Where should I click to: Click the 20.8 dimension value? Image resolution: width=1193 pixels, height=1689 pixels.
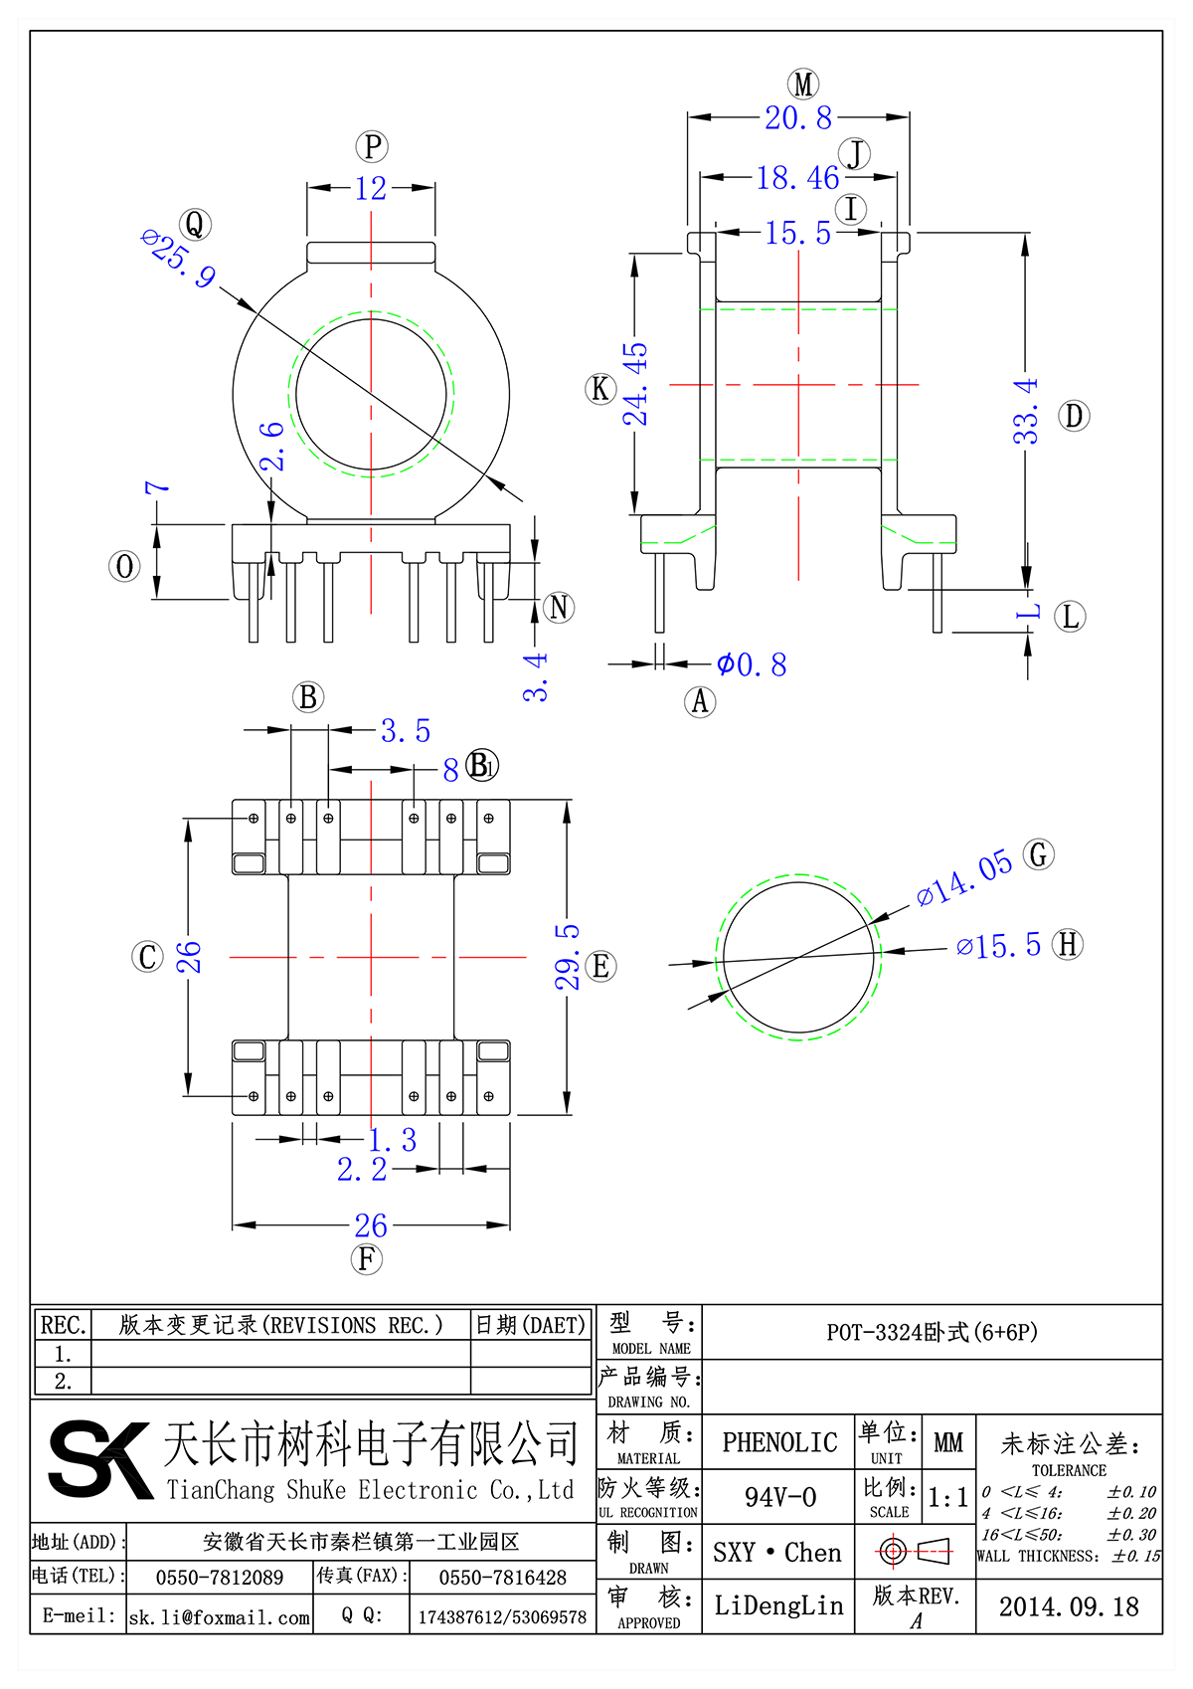[x=797, y=118]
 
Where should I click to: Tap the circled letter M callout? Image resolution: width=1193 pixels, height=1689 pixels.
[x=803, y=85]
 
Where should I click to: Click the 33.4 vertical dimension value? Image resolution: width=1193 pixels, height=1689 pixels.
[x=1025, y=411]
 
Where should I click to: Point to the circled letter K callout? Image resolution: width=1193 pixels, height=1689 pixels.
[x=600, y=389]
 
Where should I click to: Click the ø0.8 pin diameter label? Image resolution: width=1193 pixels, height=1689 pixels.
[x=752, y=664]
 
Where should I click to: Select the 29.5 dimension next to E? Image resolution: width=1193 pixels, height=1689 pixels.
[x=567, y=956]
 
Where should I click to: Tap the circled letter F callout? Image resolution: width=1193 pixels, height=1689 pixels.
[x=367, y=1259]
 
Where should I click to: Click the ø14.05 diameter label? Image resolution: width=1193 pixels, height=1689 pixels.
[x=963, y=878]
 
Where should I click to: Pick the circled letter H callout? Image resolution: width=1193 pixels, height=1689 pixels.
[x=1068, y=944]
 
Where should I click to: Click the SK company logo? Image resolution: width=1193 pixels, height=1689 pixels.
[x=99, y=1459]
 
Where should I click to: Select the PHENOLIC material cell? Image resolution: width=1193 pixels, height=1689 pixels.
[x=779, y=1442]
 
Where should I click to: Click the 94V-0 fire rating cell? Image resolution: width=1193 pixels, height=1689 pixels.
[x=779, y=1497]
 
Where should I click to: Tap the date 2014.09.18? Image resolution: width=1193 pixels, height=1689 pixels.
[x=1068, y=1607]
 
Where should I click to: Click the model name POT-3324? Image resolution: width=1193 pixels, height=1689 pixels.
[x=932, y=1332]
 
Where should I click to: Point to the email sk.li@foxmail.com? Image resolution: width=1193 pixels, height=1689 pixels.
[x=220, y=1617]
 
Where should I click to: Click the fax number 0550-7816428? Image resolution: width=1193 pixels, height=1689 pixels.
[x=502, y=1578]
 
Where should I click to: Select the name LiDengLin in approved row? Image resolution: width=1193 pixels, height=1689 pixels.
[x=778, y=1605]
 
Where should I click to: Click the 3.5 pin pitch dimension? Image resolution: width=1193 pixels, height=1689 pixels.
[x=406, y=731]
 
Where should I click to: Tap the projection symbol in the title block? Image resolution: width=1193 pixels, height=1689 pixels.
[x=915, y=1551]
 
